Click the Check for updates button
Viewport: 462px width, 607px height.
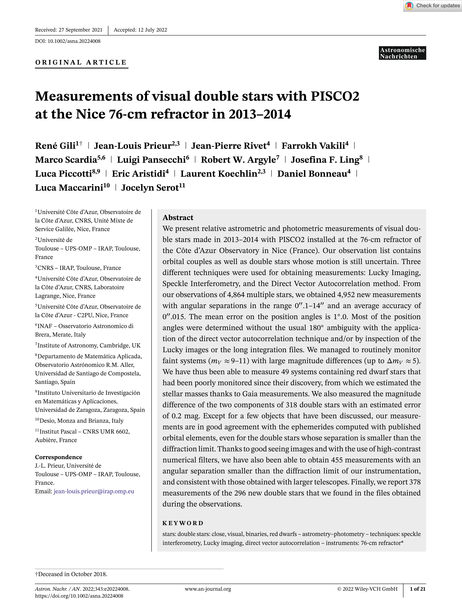pos(432,6)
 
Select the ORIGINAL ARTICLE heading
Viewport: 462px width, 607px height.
pos(81,62)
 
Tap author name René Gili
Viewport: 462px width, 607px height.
pos(55,146)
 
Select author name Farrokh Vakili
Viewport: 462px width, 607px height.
pos(313,146)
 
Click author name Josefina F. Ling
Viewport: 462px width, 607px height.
pos(325,160)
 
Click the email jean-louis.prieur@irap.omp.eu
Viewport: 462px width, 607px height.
pos(94,491)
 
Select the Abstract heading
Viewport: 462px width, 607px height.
pos(178,218)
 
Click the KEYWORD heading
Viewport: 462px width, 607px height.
pos(183,523)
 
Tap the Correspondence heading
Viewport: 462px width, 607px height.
pos(58,457)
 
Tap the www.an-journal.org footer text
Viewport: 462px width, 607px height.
pos(208,589)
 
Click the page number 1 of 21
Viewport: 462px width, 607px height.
pos(417,589)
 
